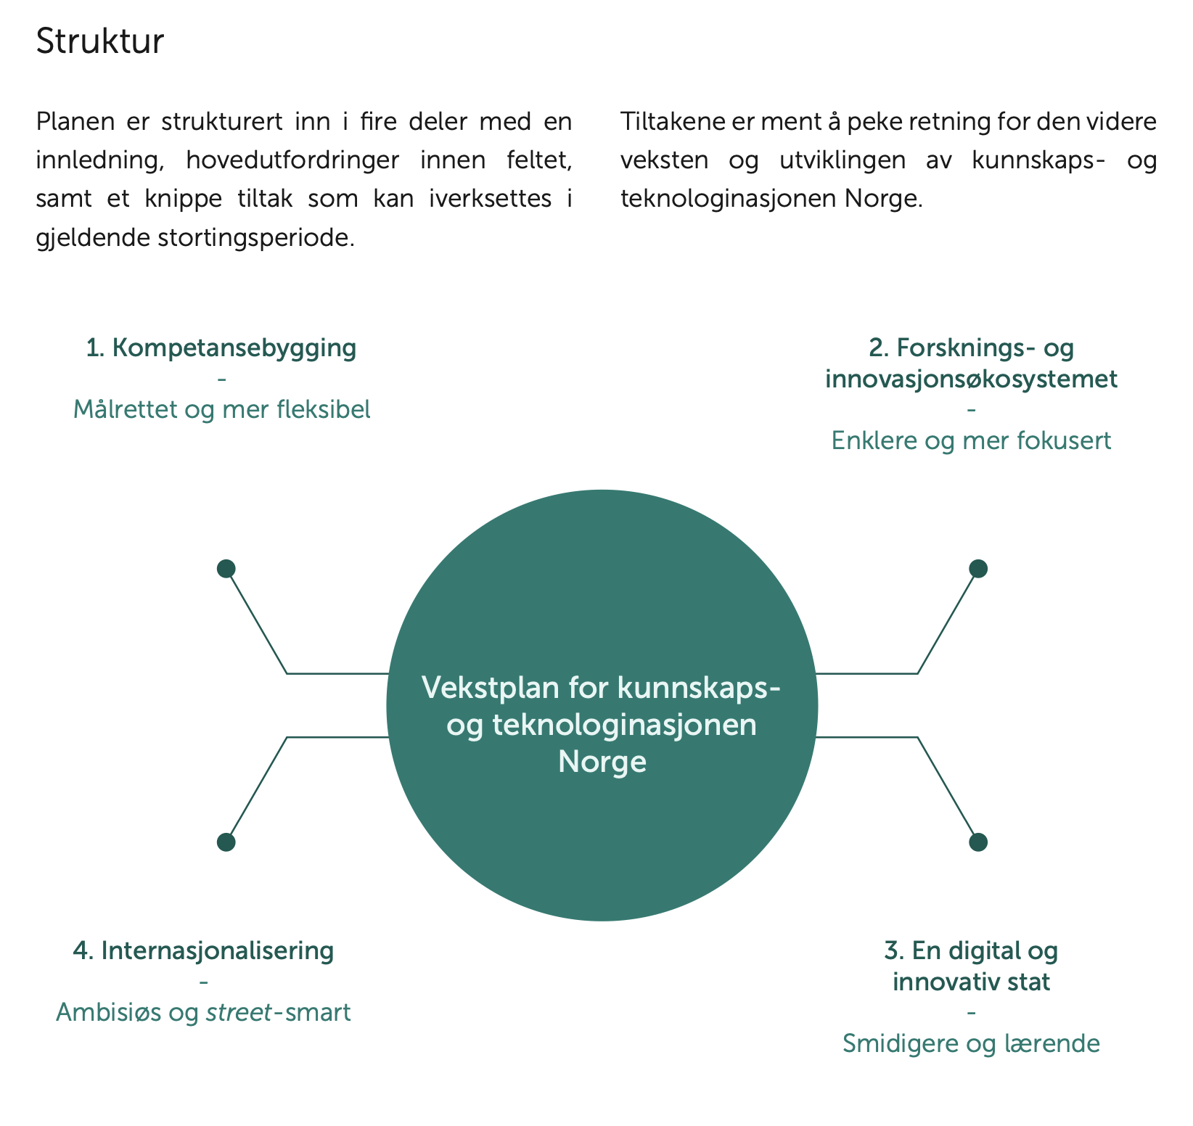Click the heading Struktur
100,41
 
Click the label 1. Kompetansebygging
221,348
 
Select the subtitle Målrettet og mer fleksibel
221,409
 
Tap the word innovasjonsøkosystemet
971,379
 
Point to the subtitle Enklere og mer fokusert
971,440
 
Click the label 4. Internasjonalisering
203,950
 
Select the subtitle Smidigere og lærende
971,1043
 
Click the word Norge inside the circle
602,762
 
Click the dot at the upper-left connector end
226,569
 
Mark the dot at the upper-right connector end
978,569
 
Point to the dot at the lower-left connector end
226,842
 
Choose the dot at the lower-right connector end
978,842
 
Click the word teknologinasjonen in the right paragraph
729,199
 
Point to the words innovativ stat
971,982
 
